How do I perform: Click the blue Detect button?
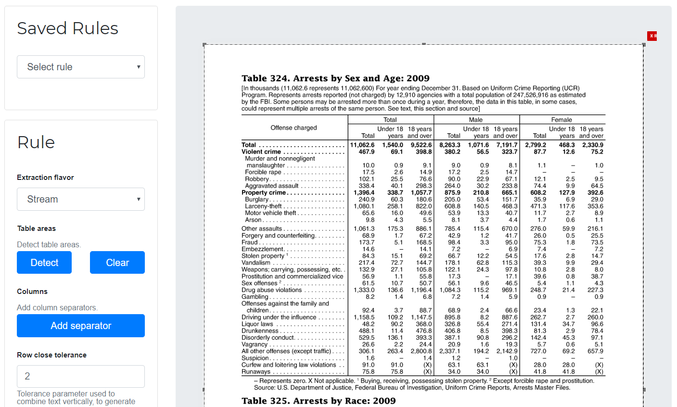click(x=44, y=263)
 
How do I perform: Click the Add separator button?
click(x=81, y=326)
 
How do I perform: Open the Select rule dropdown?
click(x=81, y=67)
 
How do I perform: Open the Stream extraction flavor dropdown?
click(x=81, y=199)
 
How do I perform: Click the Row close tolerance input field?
click(x=81, y=376)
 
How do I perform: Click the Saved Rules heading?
click(x=68, y=28)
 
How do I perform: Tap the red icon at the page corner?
click(x=652, y=36)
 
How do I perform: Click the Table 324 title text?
click(x=335, y=78)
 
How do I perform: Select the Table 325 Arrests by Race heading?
click(x=319, y=401)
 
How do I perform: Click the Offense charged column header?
click(x=294, y=128)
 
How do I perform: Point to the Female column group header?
click(x=562, y=120)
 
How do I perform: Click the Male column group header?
click(x=475, y=120)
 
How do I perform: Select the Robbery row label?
click(x=257, y=179)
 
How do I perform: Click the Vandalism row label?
click(x=256, y=263)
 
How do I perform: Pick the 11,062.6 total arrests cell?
click(x=362, y=145)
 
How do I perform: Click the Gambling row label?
click(x=255, y=297)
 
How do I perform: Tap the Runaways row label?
click(x=256, y=371)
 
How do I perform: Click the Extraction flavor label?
click(x=45, y=178)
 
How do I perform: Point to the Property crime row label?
click(x=264, y=192)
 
